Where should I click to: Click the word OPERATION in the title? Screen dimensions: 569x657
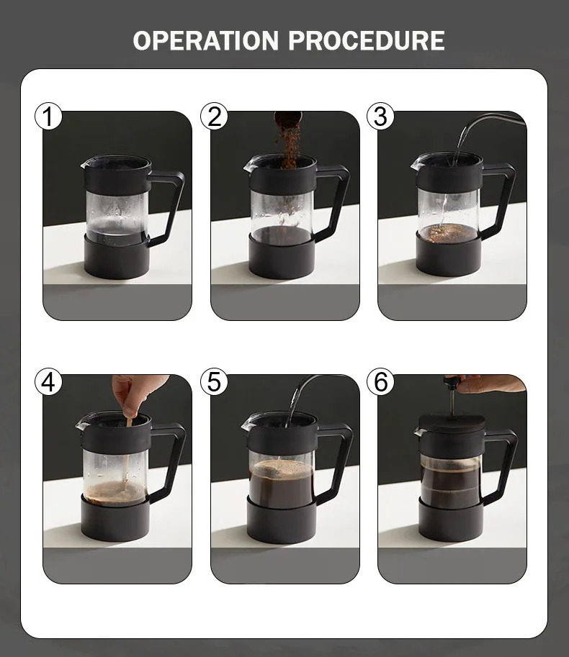coord(205,40)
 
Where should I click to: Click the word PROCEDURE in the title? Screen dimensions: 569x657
coord(367,40)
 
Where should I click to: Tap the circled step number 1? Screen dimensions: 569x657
coord(48,116)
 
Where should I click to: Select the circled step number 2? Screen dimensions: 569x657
coord(214,116)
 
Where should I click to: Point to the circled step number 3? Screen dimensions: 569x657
coord(380,116)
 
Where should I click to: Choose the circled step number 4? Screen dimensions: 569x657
coord(48,381)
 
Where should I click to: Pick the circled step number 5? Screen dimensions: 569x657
coord(214,381)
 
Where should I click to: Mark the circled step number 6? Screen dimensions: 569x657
coord(380,381)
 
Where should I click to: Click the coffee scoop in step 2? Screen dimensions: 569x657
coord(287,117)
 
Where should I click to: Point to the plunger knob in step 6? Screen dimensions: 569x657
coord(452,382)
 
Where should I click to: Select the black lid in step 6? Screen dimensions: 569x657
coord(451,424)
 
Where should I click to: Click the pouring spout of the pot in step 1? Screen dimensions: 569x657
coord(86,163)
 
